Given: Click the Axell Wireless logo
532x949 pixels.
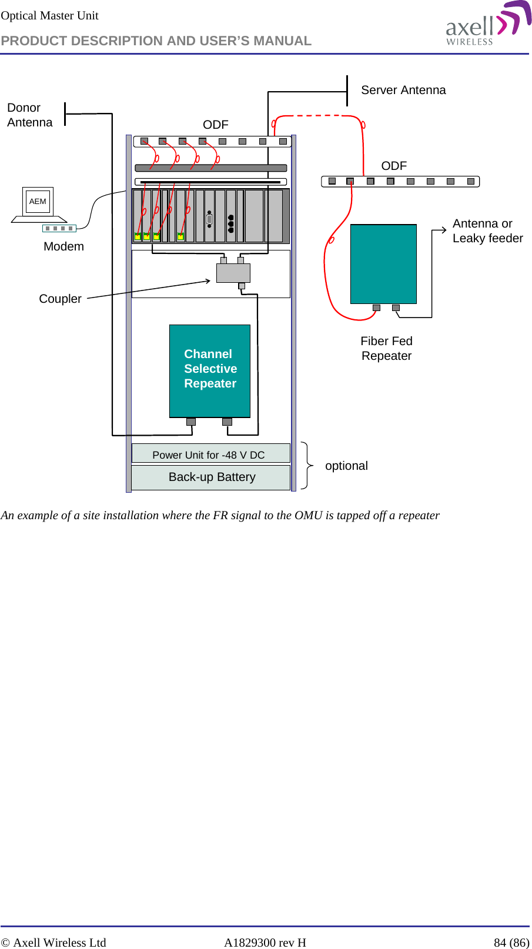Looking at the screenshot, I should [x=487, y=25].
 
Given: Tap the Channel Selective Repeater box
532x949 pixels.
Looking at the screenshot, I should [x=210, y=370].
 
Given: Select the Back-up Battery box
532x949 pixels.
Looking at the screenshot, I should [x=211, y=477].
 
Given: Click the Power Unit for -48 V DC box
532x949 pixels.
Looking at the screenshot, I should [x=210, y=454].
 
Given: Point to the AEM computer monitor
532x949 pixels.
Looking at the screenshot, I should [x=38, y=202].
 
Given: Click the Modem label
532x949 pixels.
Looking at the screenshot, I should [x=63, y=246].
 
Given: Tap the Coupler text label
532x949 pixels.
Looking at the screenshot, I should [x=60, y=299].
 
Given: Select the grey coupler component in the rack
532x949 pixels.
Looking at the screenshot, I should [x=233, y=273].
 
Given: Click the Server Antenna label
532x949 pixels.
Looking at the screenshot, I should [x=403, y=90].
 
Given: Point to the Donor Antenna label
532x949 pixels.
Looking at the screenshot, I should [x=29, y=115].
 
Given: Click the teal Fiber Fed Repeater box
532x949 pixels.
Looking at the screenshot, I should [x=383, y=264].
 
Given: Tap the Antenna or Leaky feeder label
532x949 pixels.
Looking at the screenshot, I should [x=487, y=231].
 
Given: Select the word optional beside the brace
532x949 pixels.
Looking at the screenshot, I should [x=346, y=466].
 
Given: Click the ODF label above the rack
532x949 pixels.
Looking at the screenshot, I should [x=216, y=125].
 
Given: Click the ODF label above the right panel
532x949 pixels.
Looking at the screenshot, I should [x=394, y=166].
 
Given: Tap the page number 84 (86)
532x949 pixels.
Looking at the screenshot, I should [x=511, y=943].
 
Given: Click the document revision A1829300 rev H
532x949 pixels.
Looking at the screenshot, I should [x=265, y=943].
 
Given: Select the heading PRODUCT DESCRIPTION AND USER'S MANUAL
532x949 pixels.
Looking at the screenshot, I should [x=156, y=41].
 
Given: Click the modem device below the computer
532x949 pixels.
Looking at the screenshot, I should [x=59, y=228].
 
